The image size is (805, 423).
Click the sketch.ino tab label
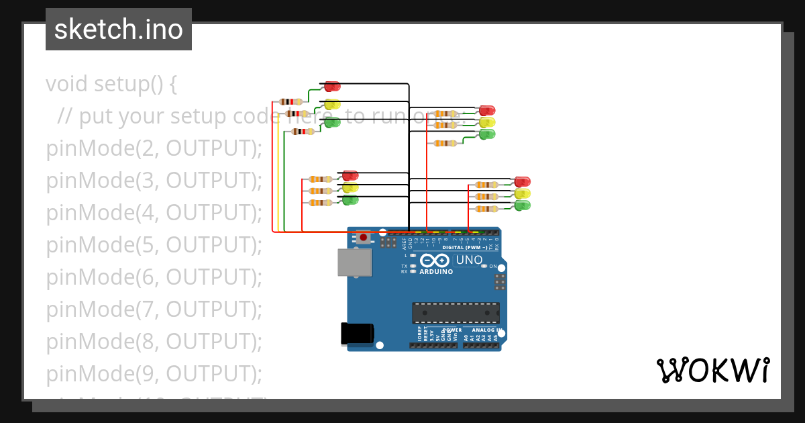coord(119,30)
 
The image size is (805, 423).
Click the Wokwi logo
coord(712,371)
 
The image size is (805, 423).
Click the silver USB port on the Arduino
coord(354,263)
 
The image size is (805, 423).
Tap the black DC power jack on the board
coord(356,334)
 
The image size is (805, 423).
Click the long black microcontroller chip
coord(455,313)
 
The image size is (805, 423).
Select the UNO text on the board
coord(469,260)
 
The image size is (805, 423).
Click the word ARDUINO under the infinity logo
coord(436,272)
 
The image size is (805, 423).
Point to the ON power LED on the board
coord(485,266)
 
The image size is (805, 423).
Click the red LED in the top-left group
coord(332,87)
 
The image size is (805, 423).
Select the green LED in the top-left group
coord(332,122)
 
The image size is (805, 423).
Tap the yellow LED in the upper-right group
coord(487,122)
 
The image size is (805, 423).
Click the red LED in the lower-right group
coord(522,182)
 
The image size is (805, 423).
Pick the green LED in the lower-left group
coord(350,200)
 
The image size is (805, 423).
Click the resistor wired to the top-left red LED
coord(290,101)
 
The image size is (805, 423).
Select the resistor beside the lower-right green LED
coord(486,209)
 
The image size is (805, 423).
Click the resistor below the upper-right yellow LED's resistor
coord(445,143)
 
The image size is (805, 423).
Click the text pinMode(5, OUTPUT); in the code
coord(154,245)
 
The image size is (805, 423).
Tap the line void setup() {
coord(111,84)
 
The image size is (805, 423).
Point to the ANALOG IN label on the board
coord(485,330)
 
